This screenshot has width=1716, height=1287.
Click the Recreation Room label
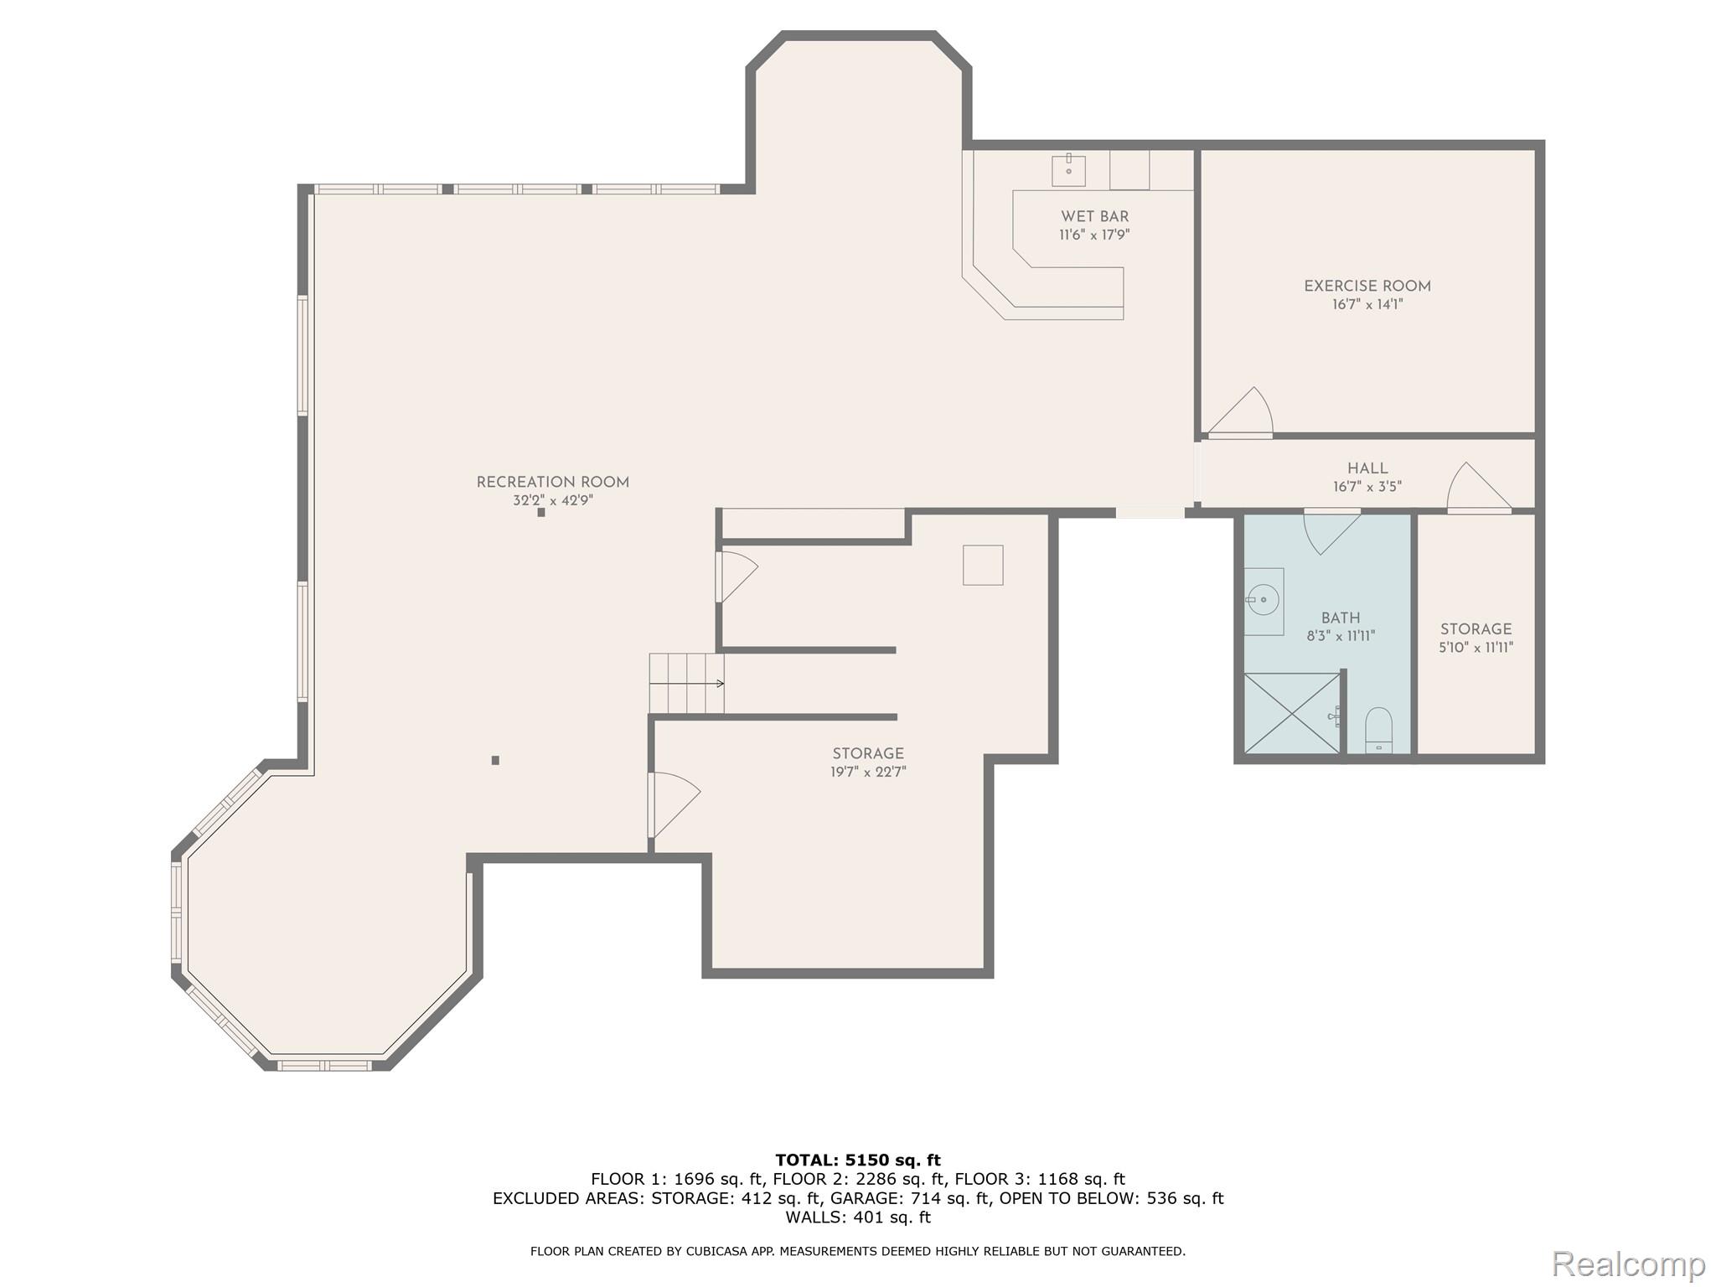click(x=552, y=482)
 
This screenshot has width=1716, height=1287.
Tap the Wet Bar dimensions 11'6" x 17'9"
click(x=1094, y=235)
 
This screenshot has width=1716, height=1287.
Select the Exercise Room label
click(x=1367, y=286)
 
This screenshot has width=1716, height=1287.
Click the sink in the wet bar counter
click(x=1068, y=170)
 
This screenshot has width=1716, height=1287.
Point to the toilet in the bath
click(x=1378, y=730)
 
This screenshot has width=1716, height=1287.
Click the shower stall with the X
click(x=1292, y=712)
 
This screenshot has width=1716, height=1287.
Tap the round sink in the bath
click(x=1263, y=600)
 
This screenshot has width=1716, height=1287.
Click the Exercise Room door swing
click(x=1243, y=414)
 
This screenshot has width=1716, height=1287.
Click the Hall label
click(x=1367, y=468)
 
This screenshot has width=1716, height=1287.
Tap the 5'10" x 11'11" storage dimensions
click(x=1476, y=648)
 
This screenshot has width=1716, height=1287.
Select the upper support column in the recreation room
click(x=541, y=512)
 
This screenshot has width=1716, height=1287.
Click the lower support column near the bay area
click(x=495, y=760)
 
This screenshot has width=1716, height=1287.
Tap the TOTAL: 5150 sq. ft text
click(x=858, y=1160)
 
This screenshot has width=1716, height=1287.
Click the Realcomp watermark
click(x=1628, y=1263)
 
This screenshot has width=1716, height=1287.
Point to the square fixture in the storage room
click(x=983, y=565)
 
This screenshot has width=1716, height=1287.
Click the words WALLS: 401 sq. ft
click(x=858, y=1217)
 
